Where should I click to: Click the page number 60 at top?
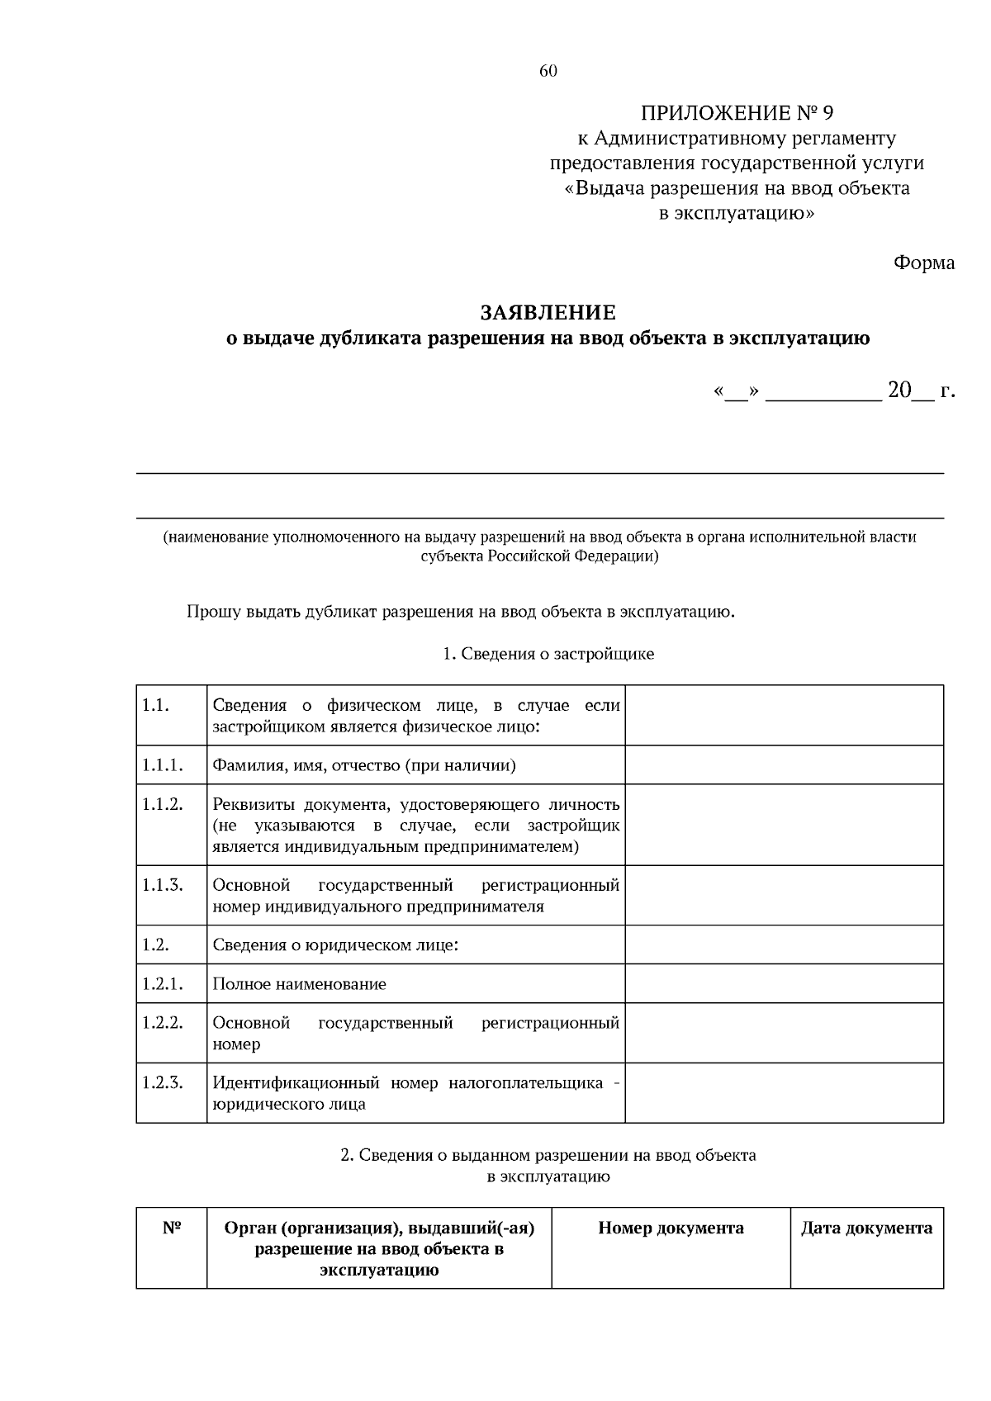coord(548,71)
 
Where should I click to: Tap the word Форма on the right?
coord(923,263)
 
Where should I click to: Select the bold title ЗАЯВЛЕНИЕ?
coord(548,313)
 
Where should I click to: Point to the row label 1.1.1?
coord(162,765)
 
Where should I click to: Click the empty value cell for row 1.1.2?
coord(784,825)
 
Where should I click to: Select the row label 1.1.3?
coord(162,885)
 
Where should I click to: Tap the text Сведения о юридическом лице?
coord(335,945)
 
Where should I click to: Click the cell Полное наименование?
coord(299,984)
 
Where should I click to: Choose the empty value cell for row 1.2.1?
coord(784,984)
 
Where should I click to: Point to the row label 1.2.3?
coord(162,1082)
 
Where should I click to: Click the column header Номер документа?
coord(671,1228)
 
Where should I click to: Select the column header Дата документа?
coord(866,1228)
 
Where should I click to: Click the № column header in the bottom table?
coord(171,1228)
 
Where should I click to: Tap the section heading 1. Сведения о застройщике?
coord(548,655)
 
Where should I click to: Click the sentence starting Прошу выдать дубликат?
coord(460,613)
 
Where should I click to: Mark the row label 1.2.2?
coord(162,1023)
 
